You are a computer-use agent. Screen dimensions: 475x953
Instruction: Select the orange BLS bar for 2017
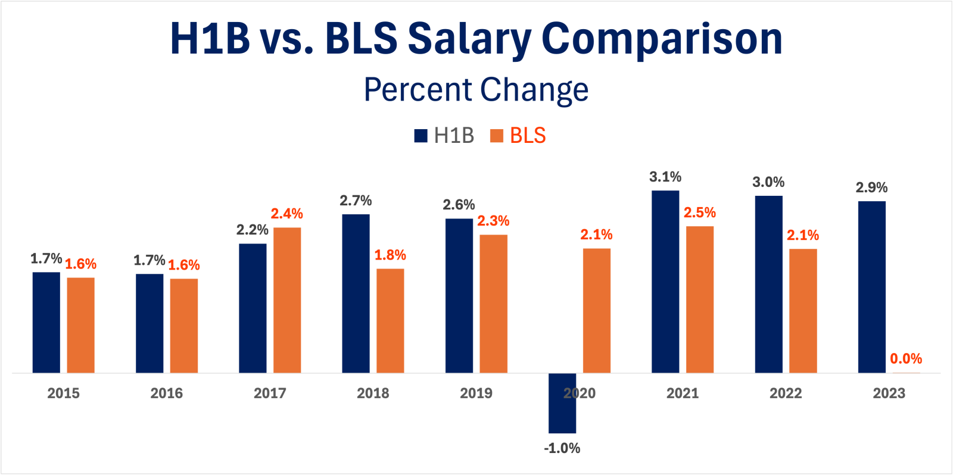(x=287, y=300)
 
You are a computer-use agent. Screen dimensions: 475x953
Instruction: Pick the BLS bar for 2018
(x=390, y=321)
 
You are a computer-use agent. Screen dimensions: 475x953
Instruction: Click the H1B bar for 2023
(x=872, y=287)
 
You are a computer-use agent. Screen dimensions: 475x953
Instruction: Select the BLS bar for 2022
(x=803, y=311)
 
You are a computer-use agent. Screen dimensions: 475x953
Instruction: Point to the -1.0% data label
(x=562, y=448)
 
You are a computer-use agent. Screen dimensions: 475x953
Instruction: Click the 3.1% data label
(x=665, y=177)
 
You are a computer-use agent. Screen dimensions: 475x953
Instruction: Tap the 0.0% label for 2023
(x=906, y=359)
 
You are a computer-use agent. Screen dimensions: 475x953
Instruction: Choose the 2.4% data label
(x=287, y=214)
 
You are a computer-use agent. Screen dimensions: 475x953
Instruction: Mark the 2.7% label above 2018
(x=356, y=201)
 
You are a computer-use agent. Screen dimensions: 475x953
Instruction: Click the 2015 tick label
(x=63, y=393)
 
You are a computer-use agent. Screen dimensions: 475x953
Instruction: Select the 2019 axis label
(x=476, y=393)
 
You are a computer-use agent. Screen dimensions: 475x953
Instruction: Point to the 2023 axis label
(x=889, y=393)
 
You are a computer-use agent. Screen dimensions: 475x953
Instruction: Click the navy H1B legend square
(x=421, y=136)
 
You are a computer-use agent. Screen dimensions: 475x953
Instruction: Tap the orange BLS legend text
(x=528, y=136)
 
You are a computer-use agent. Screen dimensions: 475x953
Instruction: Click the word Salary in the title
(x=469, y=38)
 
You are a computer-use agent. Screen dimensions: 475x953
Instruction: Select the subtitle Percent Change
(x=476, y=90)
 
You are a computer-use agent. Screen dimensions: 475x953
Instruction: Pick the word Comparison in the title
(x=662, y=38)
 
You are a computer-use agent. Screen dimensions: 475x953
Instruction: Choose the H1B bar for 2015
(x=46, y=323)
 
